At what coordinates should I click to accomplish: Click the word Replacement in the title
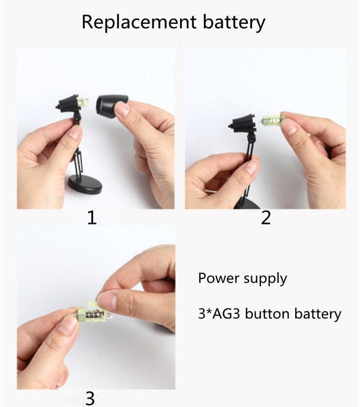[x=139, y=22]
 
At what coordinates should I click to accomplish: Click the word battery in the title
[x=234, y=23]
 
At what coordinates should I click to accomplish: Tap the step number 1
[x=92, y=217]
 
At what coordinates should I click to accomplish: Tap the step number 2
[x=266, y=217]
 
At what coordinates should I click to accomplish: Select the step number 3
[x=90, y=398]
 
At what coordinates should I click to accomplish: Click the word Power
[x=218, y=278]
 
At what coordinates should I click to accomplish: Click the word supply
[x=265, y=279]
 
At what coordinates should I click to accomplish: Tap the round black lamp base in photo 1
[x=85, y=184]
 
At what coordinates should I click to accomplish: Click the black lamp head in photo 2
[x=243, y=123]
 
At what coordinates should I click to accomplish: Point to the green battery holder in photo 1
[x=83, y=101]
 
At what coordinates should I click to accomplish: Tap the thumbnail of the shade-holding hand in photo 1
[x=122, y=109]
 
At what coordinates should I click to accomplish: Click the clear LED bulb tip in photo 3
[x=110, y=316]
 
